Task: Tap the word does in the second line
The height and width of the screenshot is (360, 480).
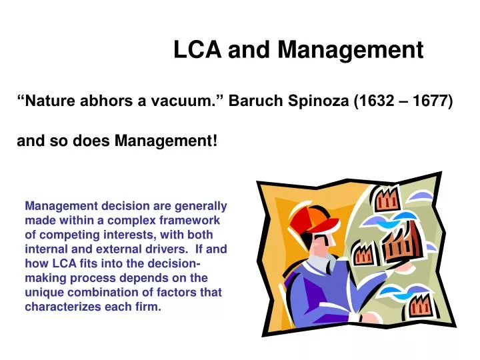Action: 91,141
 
